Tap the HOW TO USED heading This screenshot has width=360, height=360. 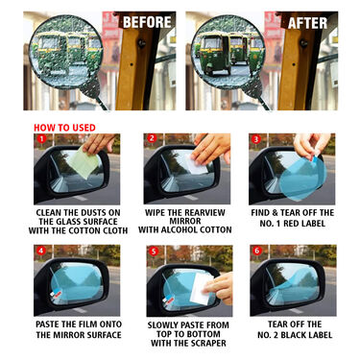pos(64,126)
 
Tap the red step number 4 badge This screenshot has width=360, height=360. pos(41,252)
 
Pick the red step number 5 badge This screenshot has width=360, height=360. pos(151,252)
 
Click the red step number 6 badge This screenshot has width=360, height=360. pos(255,252)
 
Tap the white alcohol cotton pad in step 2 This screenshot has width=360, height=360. pos(197,164)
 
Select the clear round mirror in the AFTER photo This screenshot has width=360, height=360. pos(230,52)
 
